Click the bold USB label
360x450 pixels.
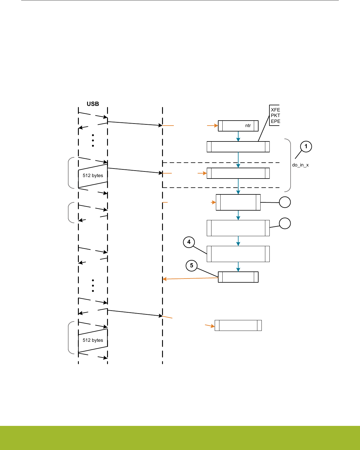coord(93,104)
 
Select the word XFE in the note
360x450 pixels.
coord(275,110)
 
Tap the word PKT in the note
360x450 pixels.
coord(275,116)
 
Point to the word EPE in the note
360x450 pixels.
coord(275,121)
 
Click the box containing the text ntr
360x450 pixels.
coord(238,126)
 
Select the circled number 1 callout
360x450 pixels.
coord(306,146)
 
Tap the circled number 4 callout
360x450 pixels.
coord(189,242)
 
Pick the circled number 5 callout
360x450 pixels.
coord(191,266)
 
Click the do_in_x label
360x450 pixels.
coord(300,165)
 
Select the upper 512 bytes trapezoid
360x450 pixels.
coord(93,176)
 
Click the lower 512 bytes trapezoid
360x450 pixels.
coord(93,340)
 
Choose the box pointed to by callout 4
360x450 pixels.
coord(238,254)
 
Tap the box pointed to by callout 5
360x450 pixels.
coord(238,277)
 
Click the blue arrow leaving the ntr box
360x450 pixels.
coord(238,136)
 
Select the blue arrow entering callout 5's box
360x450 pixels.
coord(238,267)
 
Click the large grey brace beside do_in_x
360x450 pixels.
coord(290,165)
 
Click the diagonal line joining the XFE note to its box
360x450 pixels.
coord(264,129)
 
